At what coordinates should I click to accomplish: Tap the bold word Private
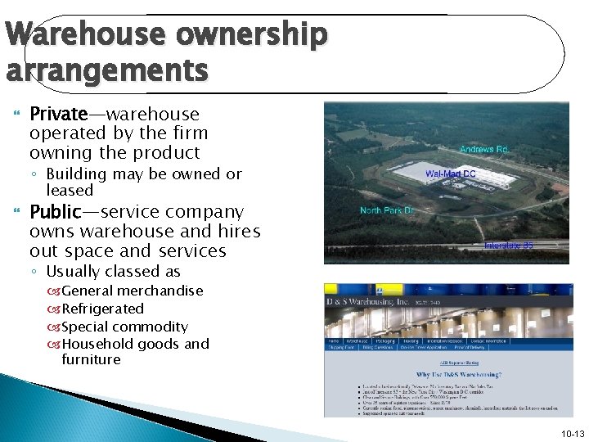tap(60, 114)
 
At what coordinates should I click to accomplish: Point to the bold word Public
tap(55, 212)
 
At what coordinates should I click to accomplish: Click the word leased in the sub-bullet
tap(70, 190)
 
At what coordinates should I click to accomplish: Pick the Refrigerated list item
tap(102, 309)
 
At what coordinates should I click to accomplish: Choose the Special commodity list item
tap(124, 327)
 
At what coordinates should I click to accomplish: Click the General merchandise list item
tap(132, 291)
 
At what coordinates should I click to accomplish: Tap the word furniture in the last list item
tap(91, 359)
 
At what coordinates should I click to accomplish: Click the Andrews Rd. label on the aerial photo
tap(483, 150)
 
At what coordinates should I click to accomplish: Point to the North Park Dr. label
tap(387, 210)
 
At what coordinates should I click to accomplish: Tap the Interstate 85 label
tap(508, 245)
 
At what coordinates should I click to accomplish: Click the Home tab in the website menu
tap(334, 340)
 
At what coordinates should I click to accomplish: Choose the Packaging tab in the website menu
tap(384, 340)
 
